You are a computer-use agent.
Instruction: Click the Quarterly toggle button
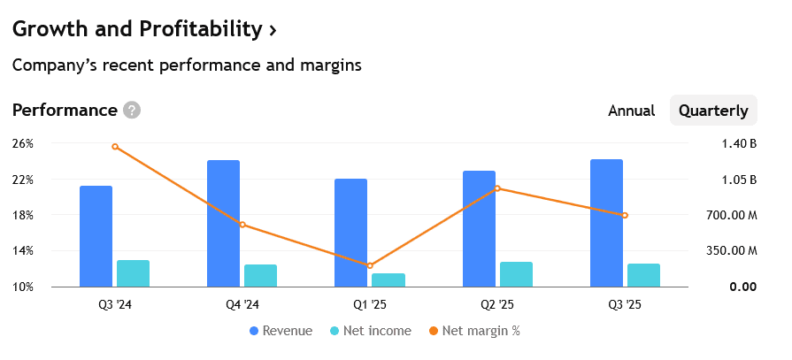(x=712, y=111)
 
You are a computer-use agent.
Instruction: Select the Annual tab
(x=631, y=111)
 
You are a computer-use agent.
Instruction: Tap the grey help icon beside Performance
(x=132, y=111)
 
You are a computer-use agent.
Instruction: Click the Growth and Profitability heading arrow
(x=273, y=29)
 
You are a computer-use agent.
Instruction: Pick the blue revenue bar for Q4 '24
(x=223, y=223)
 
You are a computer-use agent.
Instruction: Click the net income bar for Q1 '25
(x=388, y=280)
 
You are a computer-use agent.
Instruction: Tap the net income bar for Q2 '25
(x=516, y=274)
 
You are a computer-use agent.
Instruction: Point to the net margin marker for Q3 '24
(x=115, y=147)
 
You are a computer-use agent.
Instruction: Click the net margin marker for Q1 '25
(x=370, y=265)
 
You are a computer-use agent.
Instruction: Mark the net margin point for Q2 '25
(x=497, y=188)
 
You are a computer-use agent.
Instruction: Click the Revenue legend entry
(x=281, y=331)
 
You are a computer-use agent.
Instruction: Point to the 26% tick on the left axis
(x=23, y=143)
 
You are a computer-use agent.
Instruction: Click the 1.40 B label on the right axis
(x=738, y=143)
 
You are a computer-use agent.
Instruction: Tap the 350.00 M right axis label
(x=730, y=251)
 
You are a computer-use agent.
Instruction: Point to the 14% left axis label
(x=23, y=251)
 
